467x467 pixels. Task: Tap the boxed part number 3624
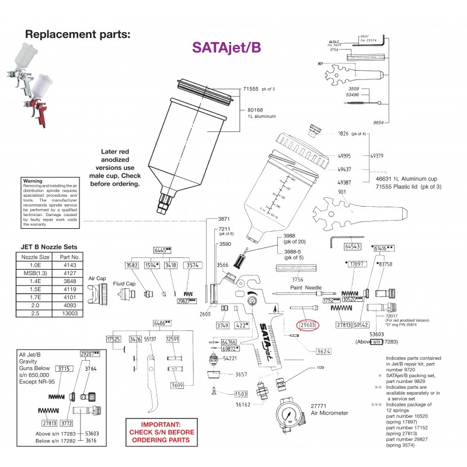323,351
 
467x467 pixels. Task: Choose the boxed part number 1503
242,394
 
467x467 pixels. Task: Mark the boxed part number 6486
162,323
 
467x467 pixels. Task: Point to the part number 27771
318,406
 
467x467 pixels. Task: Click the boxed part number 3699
177,385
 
